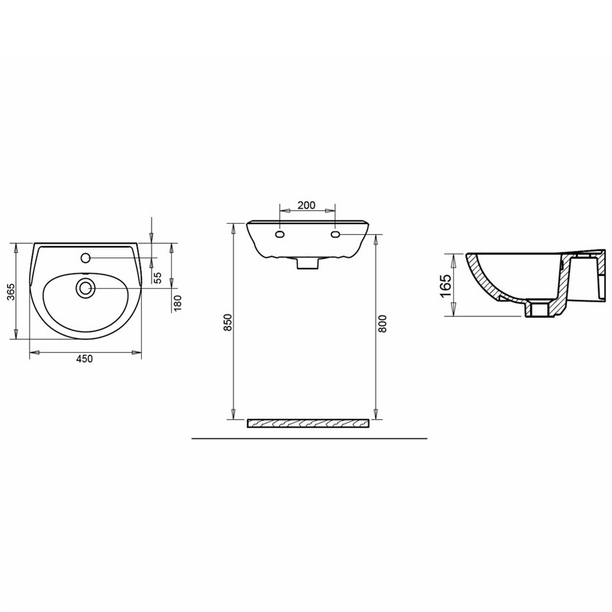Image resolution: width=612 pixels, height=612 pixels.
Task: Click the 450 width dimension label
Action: point(84,359)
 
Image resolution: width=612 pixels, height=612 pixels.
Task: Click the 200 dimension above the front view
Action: point(308,205)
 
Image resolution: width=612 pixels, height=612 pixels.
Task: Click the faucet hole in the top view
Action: point(85,258)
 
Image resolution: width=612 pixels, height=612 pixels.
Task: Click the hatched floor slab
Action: point(308,424)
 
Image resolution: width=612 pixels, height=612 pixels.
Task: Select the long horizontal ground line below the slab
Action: point(309,438)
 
